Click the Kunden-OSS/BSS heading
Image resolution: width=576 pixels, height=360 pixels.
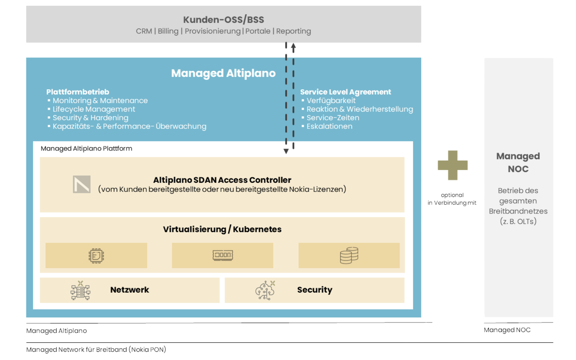(223, 19)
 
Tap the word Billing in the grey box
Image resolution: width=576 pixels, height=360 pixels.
(168, 31)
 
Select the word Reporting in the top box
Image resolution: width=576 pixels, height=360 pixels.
(293, 31)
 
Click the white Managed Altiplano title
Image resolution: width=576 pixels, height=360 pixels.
(223, 73)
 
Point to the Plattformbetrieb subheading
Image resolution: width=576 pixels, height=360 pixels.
(77, 92)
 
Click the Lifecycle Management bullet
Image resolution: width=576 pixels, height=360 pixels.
(94, 109)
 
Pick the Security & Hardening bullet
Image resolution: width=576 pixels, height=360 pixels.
(90, 118)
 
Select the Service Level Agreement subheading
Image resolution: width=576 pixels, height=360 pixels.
(345, 92)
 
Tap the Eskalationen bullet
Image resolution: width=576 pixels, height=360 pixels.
(329, 126)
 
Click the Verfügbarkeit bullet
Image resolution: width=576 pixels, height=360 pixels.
(331, 100)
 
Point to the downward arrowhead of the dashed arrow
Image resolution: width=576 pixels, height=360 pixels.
(286, 152)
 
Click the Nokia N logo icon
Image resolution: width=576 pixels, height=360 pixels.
(82, 184)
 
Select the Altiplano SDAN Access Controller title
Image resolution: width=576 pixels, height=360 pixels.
(222, 180)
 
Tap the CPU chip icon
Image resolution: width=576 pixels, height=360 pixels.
(96, 256)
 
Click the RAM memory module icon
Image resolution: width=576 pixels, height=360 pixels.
(222, 255)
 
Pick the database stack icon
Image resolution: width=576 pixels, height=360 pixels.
(349, 255)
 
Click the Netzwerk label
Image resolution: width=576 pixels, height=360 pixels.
(129, 290)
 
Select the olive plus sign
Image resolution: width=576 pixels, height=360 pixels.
(453, 165)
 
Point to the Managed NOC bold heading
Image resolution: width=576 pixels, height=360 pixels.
(518, 162)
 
